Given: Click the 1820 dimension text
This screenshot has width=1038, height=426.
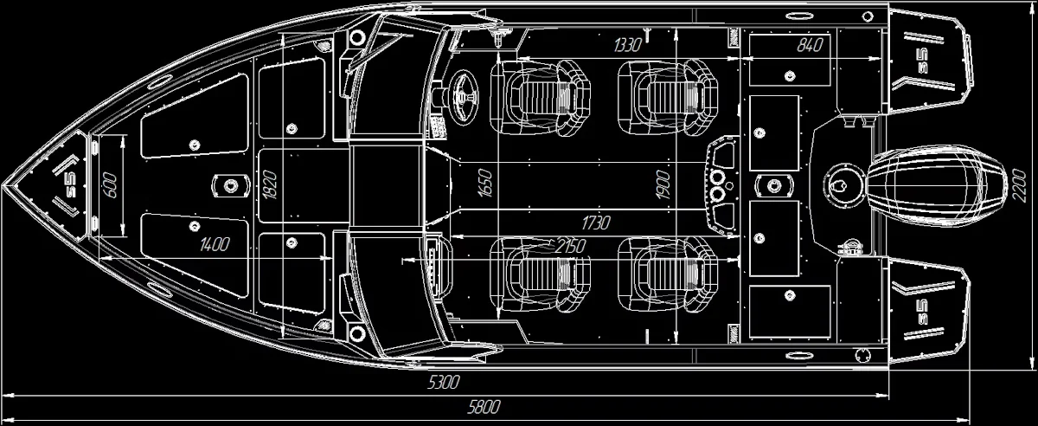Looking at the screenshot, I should click(270, 184).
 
